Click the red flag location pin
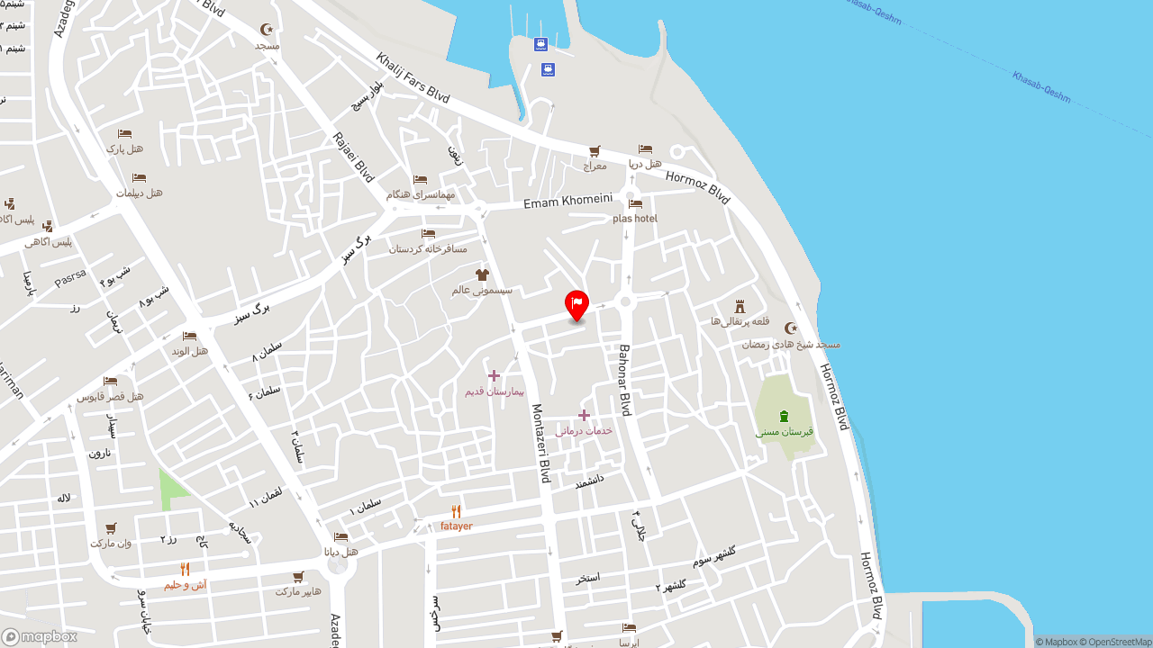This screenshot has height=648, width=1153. [576, 304]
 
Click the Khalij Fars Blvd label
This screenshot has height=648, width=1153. [413, 77]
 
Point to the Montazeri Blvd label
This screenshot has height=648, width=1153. [540, 443]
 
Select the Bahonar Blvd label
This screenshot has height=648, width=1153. [624, 379]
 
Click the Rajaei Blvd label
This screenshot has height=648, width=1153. [353, 157]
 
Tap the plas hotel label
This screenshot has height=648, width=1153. [635, 219]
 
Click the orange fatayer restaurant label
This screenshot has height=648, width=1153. [456, 526]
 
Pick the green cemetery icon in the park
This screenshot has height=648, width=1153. [784, 416]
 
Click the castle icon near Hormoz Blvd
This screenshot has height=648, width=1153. [740, 306]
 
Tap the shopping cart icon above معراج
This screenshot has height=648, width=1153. [595, 151]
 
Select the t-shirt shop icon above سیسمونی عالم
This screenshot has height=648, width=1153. [482, 274]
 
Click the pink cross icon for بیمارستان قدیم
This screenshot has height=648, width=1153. [494, 375]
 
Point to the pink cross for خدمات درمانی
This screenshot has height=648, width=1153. [584, 415]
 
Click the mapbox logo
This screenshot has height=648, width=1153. [40, 636]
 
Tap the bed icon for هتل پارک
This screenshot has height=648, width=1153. [124, 134]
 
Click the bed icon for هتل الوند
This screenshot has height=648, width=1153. [189, 336]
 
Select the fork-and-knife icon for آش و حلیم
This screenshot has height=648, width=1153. [185, 569]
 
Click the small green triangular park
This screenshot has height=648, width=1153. [171, 489]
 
